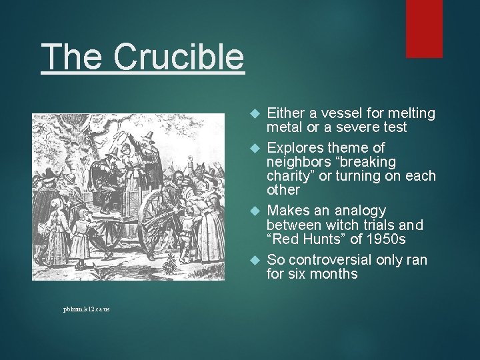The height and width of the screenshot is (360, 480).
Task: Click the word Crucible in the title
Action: click(x=179, y=57)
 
